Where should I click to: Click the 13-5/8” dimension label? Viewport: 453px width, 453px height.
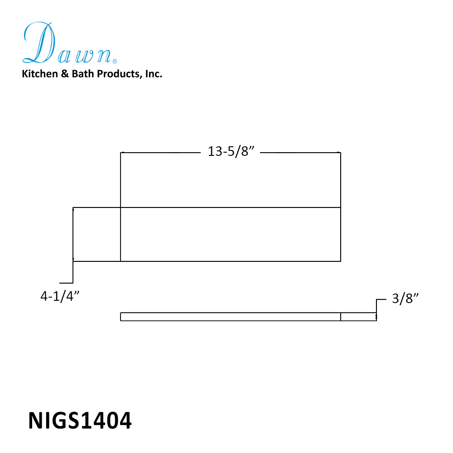(x=231, y=151)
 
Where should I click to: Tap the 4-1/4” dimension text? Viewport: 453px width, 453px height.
(x=60, y=296)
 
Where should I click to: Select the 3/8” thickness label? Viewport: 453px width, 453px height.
(x=405, y=299)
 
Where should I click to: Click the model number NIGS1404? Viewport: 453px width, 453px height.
(x=80, y=420)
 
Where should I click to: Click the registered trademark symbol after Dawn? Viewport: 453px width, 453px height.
(x=115, y=61)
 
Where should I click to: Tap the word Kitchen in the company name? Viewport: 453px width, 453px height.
(x=40, y=74)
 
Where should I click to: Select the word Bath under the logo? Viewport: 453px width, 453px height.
(x=83, y=74)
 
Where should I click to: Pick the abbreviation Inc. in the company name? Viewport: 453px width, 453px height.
(x=154, y=74)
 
